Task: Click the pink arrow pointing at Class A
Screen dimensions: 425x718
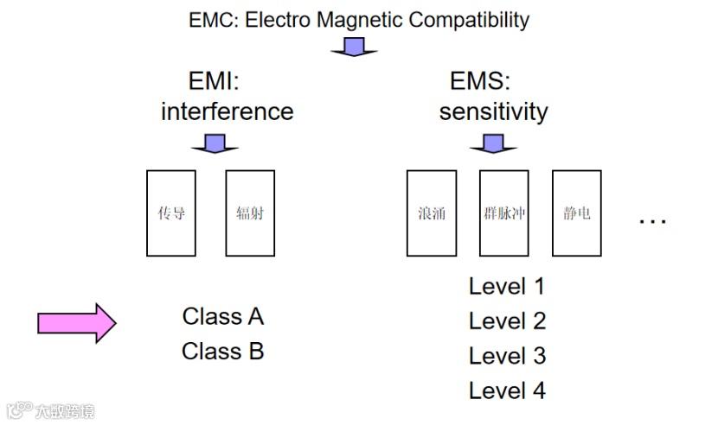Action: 76,323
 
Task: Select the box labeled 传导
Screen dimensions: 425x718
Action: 171,212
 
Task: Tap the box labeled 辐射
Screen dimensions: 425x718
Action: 250,212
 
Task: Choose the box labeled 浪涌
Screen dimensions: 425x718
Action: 431,212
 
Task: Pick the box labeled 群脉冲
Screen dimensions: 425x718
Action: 503,212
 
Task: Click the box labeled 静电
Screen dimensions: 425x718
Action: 576,212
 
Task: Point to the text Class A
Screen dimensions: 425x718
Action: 223,316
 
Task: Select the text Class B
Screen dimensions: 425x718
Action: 223,352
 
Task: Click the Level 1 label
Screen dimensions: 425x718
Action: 507,286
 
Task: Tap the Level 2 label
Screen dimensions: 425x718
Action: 507,321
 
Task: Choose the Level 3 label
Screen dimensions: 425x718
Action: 507,356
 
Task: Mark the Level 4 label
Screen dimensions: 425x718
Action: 507,390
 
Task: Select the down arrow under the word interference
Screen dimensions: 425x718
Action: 215,143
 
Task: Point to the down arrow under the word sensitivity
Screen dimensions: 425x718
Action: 493,143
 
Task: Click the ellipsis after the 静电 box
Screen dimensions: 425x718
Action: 652,221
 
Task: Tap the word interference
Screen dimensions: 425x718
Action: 227,111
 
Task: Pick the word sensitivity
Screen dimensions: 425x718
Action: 493,111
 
